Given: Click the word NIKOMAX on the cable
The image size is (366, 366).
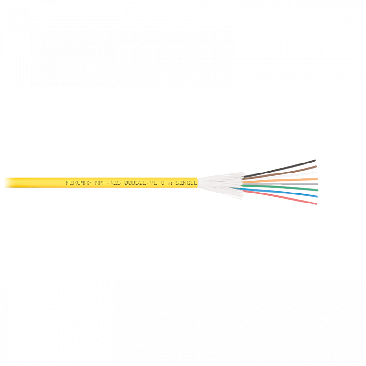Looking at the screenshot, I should tap(79, 183).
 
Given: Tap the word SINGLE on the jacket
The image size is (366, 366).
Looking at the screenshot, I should tap(186, 183).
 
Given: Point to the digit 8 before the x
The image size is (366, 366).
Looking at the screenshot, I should tap(163, 183).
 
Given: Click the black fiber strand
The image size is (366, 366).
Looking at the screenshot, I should tap(286, 166).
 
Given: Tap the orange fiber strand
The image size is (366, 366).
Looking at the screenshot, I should tap(286, 180).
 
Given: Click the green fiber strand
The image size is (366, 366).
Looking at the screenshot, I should tap(286, 188).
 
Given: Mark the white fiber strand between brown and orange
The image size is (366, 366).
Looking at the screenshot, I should tap(286, 175).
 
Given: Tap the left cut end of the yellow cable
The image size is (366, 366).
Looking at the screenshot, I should tap(4, 183).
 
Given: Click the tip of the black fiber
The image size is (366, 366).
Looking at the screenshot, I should tap(315, 161).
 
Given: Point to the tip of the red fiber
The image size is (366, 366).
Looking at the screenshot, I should tap(316, 204).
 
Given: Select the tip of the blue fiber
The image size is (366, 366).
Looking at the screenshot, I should tap(318, 196).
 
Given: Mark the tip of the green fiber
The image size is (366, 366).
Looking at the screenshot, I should tap(318, 190).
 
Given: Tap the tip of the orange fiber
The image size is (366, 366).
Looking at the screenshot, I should tap(318, 179).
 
